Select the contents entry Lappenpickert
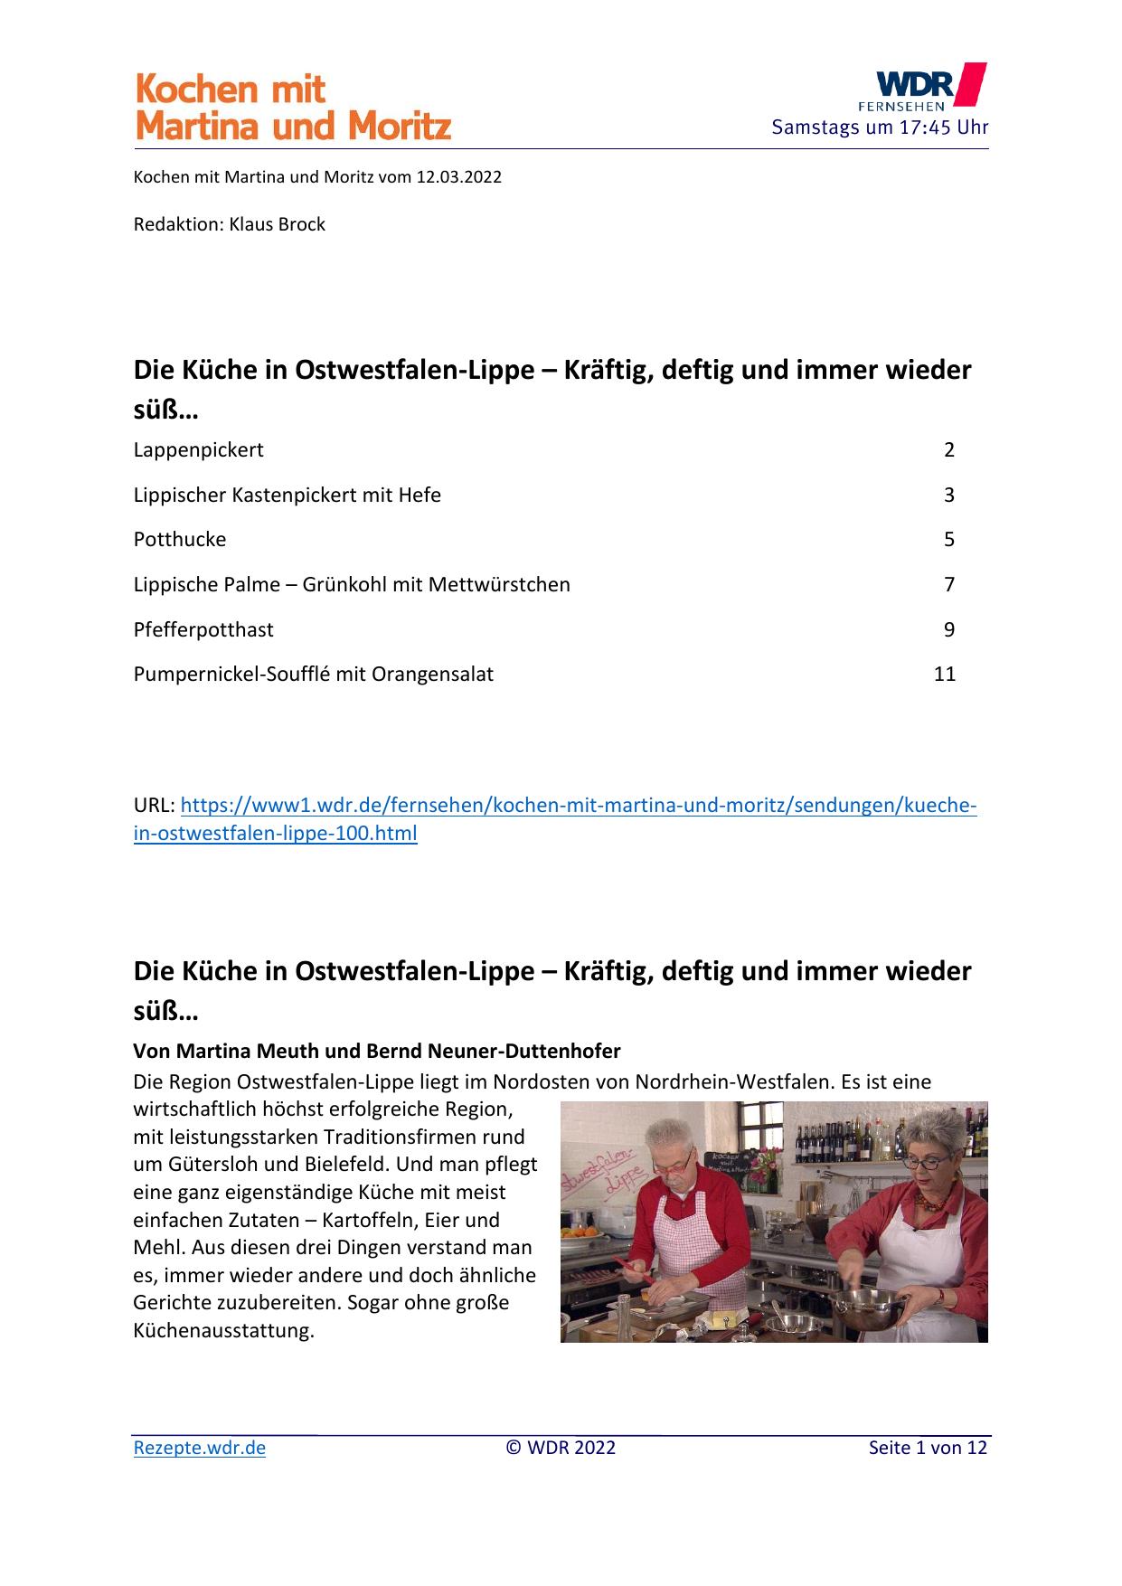click(199, 449)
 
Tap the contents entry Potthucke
click(180, 539)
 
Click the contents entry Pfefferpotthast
click(203, 629)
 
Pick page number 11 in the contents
click(944, 674)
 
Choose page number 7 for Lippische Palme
click(949, 584)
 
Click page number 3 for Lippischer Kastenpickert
click(949, 495)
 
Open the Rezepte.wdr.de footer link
click(200, 1448)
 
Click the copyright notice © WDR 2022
click(561, 1448)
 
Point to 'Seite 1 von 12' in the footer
click(928, 1448)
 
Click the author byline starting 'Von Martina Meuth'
click(377, 1052)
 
